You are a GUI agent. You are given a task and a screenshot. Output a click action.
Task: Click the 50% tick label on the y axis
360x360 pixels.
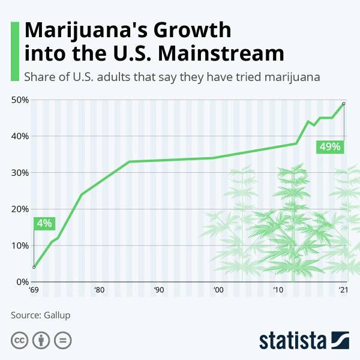[x=20, y=100]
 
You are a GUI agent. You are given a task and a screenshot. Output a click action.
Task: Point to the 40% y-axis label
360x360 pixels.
[x=20, y=136]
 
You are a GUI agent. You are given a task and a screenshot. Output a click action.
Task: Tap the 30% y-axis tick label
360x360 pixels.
[x=20, y=173]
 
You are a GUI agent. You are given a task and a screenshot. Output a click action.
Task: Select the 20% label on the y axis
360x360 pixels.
[x=20, y=209]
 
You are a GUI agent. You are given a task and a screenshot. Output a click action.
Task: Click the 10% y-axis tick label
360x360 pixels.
[x=20, y=245]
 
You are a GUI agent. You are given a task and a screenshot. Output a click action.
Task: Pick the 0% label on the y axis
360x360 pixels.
[x=22, y=282]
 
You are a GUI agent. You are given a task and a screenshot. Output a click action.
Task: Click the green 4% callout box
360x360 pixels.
[x=44, y=224]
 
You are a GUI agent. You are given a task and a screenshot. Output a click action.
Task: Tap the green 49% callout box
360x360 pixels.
[x=330, y=146]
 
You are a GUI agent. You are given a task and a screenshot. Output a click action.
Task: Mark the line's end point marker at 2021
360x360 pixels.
[x=344, y=104]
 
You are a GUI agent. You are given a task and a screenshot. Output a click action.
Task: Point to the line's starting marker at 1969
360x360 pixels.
[x=34, y=267]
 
